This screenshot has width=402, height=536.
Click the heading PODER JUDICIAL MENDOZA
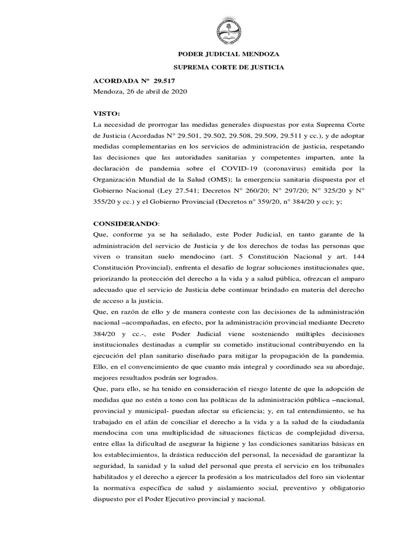[229, 54]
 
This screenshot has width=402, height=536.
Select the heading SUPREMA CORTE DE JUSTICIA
[229, 68]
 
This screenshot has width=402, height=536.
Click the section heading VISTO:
[106, 113]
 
